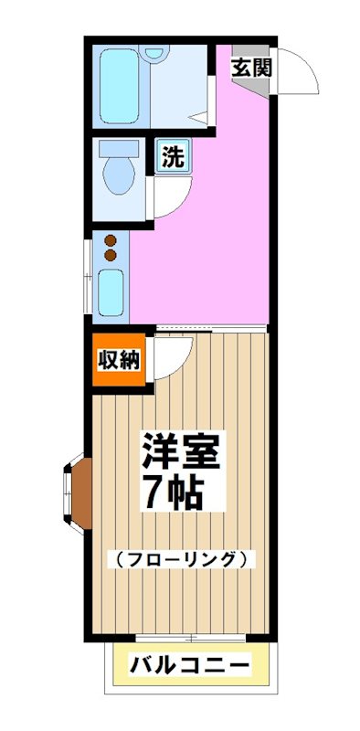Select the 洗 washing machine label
(171, 156)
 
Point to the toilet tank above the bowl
(117, 148)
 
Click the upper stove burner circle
(111, 241)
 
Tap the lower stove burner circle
(111, 256)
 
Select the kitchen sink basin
(111, 291)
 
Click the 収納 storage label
(119, 359)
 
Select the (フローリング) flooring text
(181, 558)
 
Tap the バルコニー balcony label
(188, 665)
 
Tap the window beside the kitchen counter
(89, 274)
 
